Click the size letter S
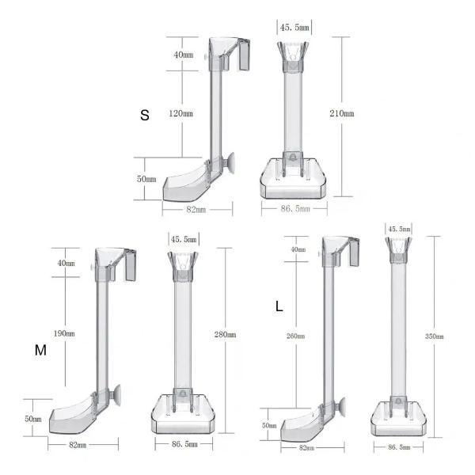point(145,115)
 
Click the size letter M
point(40,350)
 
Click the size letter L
point(279,306)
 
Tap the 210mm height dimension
point(342,113)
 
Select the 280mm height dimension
point(225,335)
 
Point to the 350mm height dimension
point(435,336)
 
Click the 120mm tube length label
point(180,113)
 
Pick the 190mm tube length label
point(64,333)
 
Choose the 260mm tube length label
point(295,336)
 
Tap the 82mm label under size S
point(196,210)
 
